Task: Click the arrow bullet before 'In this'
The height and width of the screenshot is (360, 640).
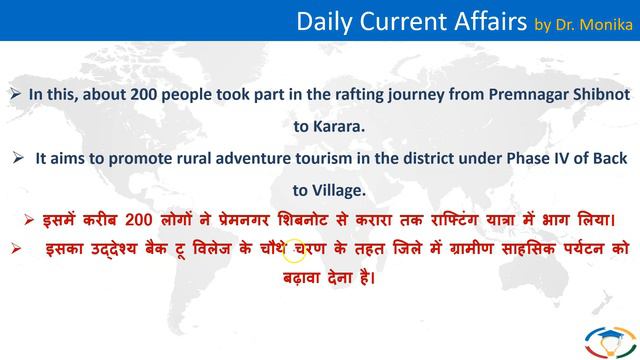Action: [x=15, y=95]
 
